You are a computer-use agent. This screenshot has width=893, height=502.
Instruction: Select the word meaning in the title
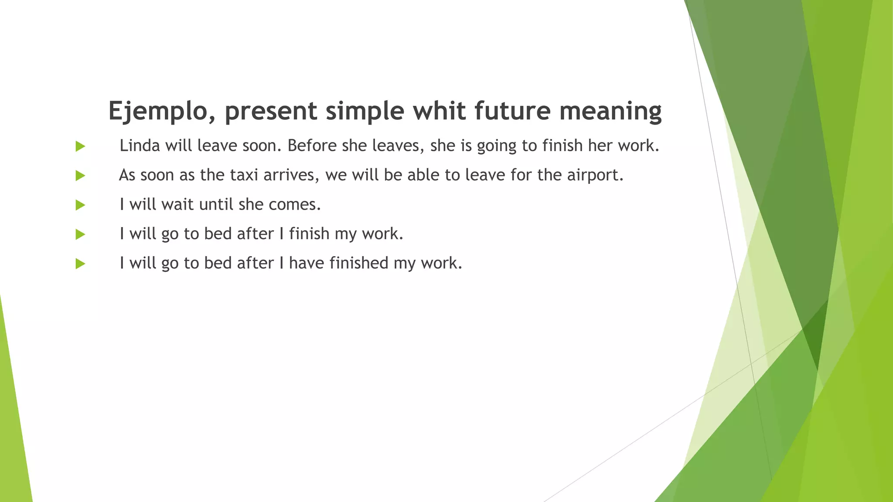[x=610, y=111]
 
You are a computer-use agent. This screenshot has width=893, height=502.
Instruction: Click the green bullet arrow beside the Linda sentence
[x=80, y=146]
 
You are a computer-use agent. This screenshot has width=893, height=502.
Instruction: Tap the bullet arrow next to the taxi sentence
[x=80, y=176]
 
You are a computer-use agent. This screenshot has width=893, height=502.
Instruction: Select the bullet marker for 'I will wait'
[x=80, y=205]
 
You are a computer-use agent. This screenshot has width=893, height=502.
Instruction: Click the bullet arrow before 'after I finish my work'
[x=80, y=234]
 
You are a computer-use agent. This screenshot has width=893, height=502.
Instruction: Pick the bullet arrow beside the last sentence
[x=80, y=264]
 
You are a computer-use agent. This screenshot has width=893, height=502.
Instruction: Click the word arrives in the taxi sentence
[x=291, y=175]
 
